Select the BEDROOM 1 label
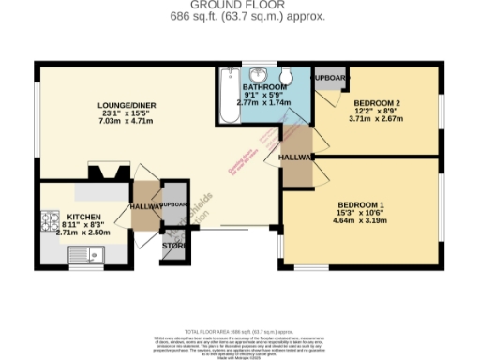point(361,204)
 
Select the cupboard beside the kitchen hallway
point(174,204)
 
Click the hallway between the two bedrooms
point(298,159)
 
